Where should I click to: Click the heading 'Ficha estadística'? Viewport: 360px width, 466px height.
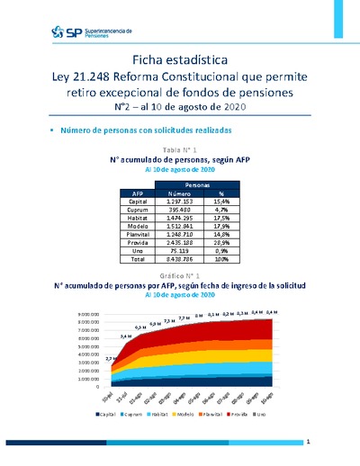[179, 58]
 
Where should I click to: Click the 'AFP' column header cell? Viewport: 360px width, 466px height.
[138, 193]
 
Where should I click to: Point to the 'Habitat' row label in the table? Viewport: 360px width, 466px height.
[138, 219]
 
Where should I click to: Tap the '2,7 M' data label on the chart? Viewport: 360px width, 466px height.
[111, 359]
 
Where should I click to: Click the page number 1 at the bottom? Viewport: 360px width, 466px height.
[308, 442]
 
